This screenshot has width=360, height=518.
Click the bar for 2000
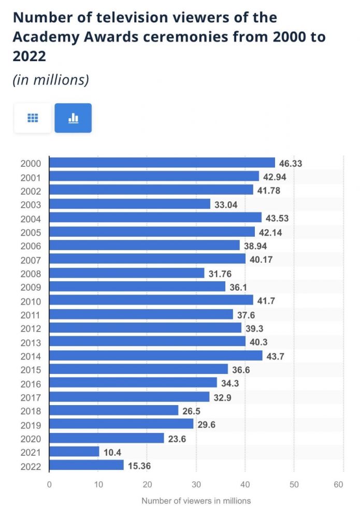tap(162, 163)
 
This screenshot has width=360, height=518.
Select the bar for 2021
tap(74, 452)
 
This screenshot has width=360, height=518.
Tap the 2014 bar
tap(155, 355)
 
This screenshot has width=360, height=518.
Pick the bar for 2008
tap(126, 273)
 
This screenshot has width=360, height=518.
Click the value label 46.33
tap(290, 163)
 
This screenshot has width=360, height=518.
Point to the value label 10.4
tap(113, 452)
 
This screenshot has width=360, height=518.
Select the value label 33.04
tap(226, 204)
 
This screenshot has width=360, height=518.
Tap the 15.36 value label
tap(140, 466)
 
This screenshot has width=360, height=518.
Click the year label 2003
tap(31, 205)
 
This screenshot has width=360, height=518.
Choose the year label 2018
tap(31, 411)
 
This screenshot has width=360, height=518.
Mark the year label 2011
tap(31, 315)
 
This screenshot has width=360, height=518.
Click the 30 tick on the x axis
tap(196, 485)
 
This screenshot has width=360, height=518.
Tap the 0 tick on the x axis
tap(49, 485)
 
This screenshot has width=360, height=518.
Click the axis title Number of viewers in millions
tap(196, 501)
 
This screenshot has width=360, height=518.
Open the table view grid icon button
tap(33, 118)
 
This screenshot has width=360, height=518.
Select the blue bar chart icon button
tap(73, 118)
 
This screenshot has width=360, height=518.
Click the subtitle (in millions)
tap(51, 80)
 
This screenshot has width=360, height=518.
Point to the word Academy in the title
tap(42, 38)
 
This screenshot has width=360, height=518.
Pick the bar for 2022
tap(87, 465)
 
